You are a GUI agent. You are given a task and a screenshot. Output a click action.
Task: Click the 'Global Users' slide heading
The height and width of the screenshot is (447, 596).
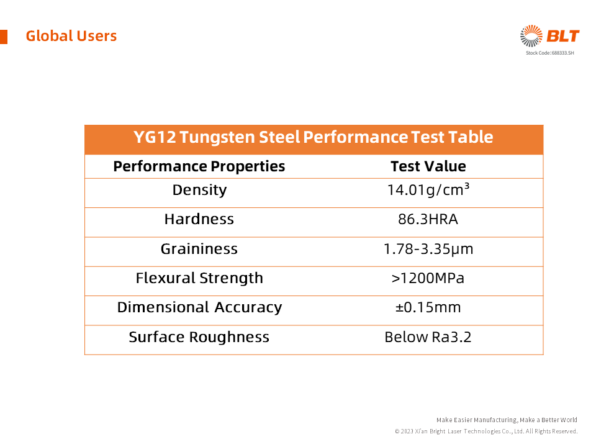[x=71, y=36]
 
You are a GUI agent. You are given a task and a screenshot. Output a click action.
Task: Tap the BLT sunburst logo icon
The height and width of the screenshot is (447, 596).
[x=531, y=36]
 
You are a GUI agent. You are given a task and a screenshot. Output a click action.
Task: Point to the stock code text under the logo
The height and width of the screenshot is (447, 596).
[x=550, y=53]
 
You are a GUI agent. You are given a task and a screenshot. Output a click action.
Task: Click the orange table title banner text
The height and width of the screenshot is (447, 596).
[x=314, y=137]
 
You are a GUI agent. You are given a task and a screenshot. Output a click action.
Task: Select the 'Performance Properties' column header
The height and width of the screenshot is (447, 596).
[x=199, y=166]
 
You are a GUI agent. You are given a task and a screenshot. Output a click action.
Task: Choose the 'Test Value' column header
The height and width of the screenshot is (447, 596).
[x=428, y=166]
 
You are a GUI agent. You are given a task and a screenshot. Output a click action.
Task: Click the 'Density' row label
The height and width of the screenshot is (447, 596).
[x=199, y=190]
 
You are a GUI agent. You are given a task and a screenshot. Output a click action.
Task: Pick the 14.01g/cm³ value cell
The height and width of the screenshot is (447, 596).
[x=428, y=190]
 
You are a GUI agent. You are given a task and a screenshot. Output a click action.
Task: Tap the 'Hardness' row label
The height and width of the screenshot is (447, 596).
[x=199, y=219]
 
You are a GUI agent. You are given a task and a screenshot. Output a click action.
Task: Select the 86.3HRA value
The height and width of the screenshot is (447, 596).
[x=428, y=219]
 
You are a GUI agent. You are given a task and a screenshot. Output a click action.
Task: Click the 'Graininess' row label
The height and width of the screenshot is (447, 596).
[x=199, y=249]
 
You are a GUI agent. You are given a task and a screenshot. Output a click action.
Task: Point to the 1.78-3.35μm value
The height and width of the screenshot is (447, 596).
[x=428, y=249]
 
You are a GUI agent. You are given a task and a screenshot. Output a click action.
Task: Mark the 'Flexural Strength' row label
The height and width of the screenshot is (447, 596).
[x=199, y=278]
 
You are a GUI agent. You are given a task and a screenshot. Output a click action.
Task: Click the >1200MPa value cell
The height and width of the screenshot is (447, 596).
[x=428, y=278]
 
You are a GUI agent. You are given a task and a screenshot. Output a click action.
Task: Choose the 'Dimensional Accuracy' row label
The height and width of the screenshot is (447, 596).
[x=199, y=307]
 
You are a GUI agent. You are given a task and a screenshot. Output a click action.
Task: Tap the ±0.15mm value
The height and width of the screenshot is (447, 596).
[x=428, y=307]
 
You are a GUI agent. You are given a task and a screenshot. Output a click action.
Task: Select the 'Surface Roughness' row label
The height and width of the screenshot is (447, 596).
[x=199, y=337]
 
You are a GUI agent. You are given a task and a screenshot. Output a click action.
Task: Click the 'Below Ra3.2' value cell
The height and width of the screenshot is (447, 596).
[x=428, y=337]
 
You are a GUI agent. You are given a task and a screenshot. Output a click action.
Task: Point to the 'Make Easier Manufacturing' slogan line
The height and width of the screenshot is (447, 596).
[x=507, y=420]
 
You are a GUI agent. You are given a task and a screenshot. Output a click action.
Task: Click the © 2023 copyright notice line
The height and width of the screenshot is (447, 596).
[x=486, y=431]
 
